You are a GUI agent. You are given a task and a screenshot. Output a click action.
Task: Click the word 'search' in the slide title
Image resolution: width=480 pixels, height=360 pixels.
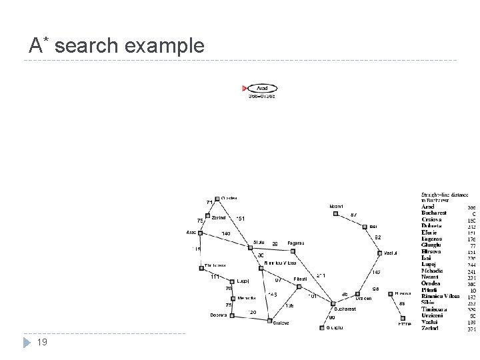click(x=85, y=46)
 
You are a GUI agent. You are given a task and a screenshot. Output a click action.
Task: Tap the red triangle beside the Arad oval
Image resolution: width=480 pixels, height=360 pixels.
click(x=244, y=88)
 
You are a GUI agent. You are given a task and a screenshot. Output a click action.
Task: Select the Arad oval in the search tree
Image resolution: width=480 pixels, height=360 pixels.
click(x=262, y=88)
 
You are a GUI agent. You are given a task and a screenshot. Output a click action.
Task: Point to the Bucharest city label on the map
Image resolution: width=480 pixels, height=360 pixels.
click(x=345, y=309)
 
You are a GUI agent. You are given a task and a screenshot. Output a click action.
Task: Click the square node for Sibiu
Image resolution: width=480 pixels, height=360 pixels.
click(x=251, y=249)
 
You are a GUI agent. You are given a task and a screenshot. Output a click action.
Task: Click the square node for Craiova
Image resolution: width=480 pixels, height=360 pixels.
click(x=269, y=322)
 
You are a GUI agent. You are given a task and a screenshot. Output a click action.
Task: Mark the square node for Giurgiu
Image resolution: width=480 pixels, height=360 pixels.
click(x=323, y=327)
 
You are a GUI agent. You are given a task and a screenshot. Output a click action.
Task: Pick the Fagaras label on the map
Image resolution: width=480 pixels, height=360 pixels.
click(x=295, y=243)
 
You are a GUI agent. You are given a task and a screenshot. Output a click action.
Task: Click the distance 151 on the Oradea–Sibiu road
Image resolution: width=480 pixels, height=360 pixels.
click(x=241, y=218)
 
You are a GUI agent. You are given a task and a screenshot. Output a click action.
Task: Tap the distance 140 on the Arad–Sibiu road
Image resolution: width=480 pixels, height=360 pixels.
click(x=226, y=233)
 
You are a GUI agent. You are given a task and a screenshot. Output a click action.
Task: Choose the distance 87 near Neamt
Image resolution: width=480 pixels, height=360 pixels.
click(x=354, y=215)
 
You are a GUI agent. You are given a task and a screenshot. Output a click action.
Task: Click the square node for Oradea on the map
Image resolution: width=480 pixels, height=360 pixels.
click(x=217, y=198)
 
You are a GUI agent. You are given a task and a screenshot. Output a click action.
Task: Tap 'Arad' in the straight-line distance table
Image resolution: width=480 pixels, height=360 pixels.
click(x=427, y=207)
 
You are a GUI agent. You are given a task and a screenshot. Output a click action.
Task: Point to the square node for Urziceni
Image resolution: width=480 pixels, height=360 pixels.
click(x=358, y=293)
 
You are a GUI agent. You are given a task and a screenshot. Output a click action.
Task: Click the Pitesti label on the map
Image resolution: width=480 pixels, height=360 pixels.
click(x=300, y=279)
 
